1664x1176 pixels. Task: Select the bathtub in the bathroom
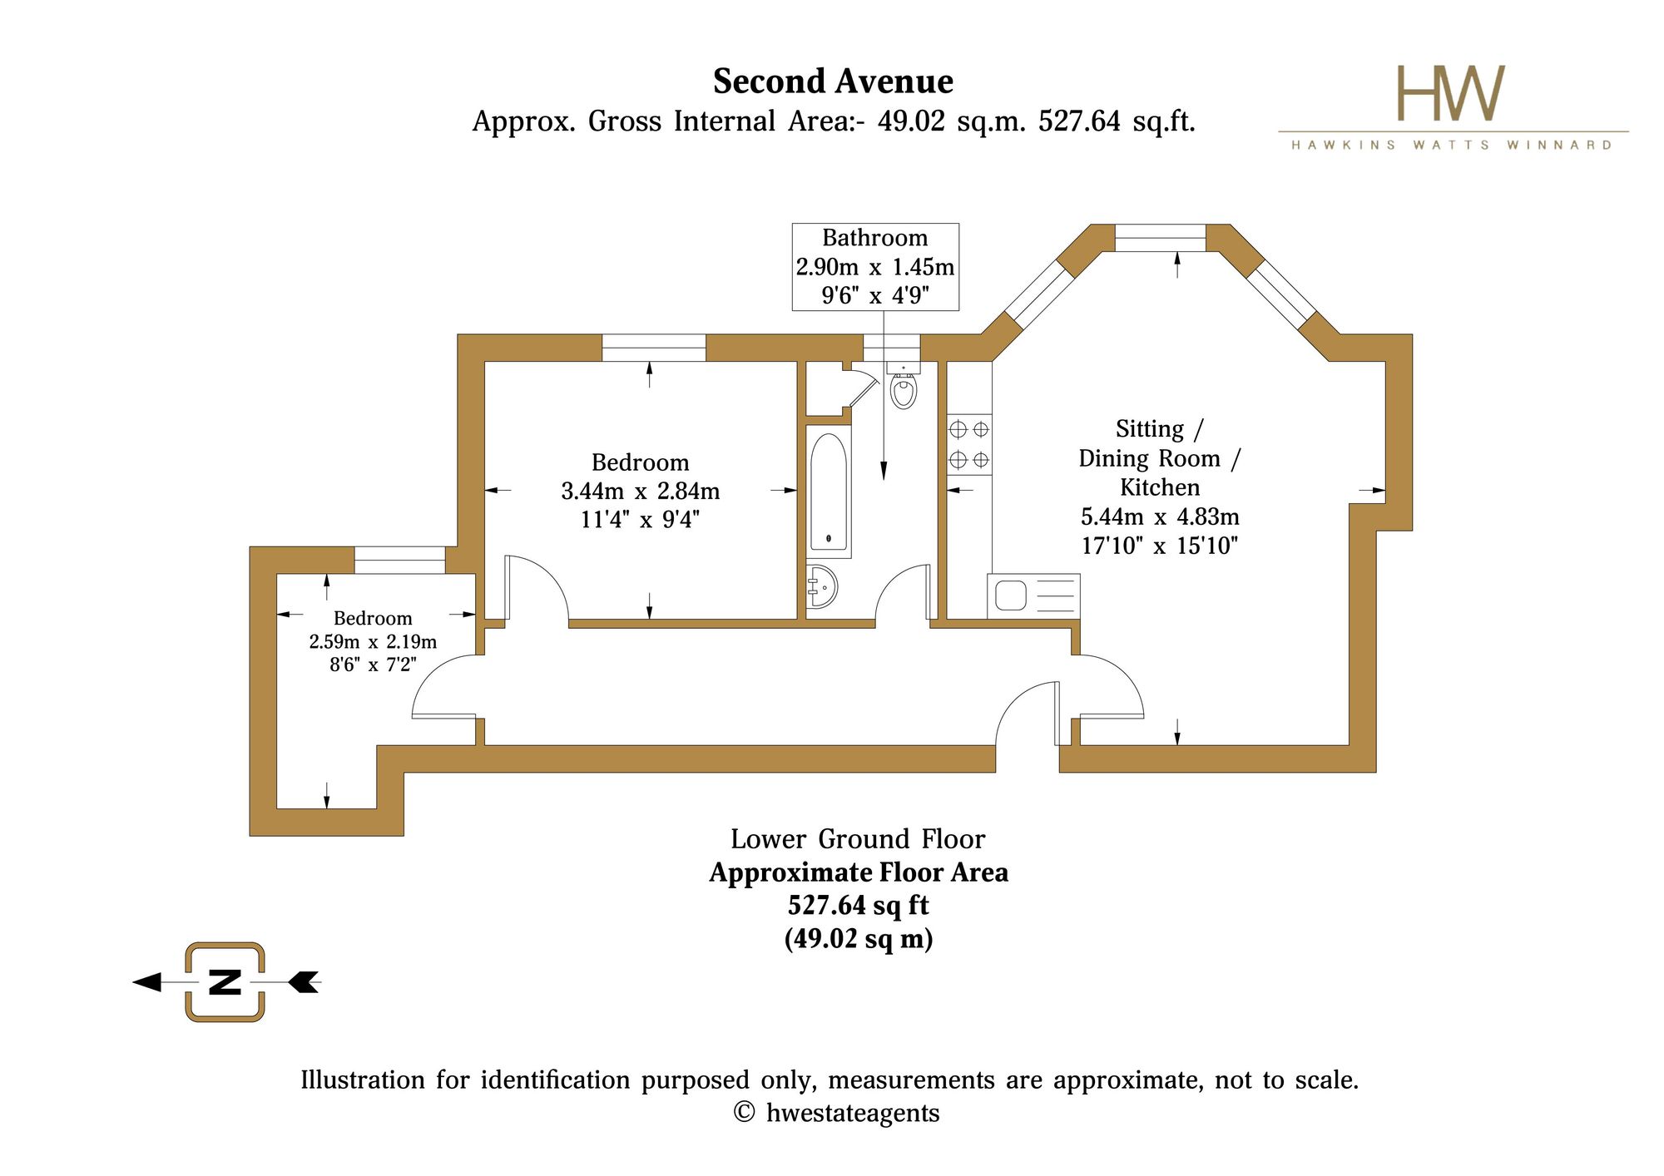829,492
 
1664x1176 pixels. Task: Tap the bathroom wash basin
821,586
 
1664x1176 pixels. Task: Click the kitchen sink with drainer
1033,596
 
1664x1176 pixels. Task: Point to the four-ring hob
969,444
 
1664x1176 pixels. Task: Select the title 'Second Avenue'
833,82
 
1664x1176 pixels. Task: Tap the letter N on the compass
225,982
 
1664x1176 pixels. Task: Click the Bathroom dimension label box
875,267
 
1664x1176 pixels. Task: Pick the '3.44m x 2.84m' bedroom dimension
641,492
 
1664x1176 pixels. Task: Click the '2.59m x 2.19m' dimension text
373,642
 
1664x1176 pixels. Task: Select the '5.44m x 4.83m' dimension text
1160,517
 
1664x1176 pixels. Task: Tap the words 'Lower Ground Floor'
858,839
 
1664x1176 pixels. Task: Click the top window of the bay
1160,238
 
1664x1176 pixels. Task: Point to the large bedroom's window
654,348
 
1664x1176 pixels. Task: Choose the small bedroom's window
400,561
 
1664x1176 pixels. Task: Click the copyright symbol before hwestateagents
744,1113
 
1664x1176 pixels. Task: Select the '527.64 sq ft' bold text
858,905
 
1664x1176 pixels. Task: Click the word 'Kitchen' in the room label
1160,487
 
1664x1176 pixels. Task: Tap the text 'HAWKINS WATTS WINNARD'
1452,145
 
